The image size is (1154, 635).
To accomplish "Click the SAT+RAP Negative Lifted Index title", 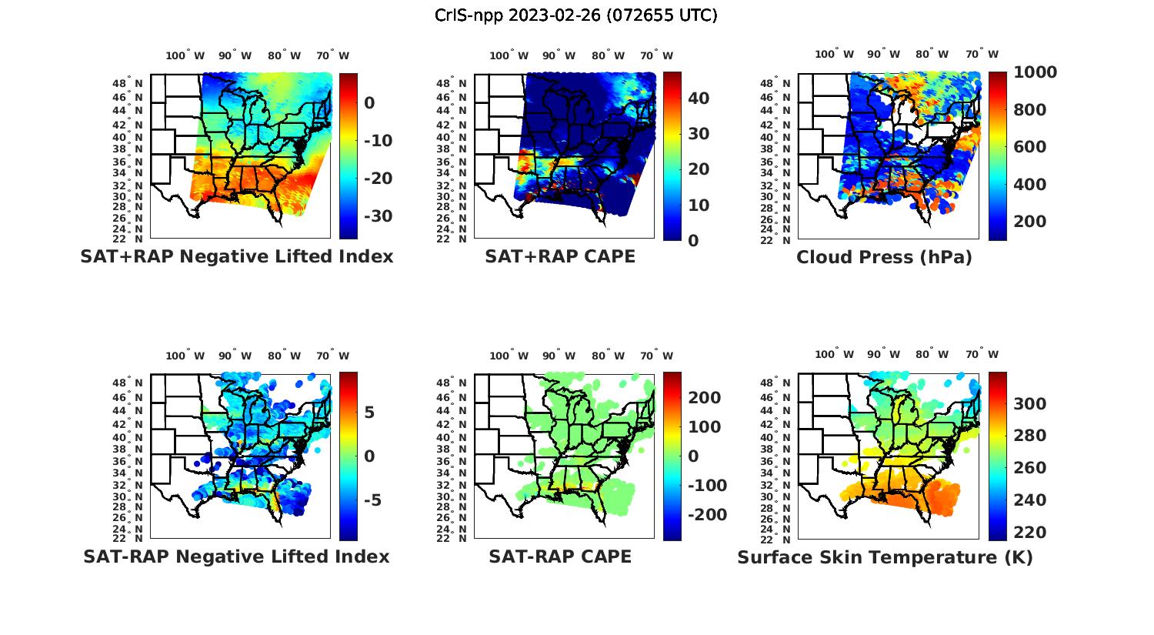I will (237, 257).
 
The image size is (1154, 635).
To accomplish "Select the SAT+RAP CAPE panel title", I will (560, 257).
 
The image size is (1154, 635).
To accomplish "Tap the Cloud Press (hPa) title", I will (884, 257).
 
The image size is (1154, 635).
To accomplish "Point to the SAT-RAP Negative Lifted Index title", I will (237, 556).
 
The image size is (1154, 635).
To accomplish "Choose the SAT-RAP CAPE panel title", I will (560, 556).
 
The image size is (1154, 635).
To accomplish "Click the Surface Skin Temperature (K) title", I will (885, 557).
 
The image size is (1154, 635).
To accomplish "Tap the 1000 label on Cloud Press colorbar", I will (1035, 72).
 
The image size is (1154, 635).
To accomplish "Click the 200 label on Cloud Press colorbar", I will (1030, 222).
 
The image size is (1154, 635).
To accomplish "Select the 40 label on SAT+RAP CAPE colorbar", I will (699, 99).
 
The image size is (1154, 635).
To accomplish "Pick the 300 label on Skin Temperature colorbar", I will (1030, 404).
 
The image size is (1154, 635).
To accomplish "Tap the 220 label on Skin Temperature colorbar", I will (1030, 533).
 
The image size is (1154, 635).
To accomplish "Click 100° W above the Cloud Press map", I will (835, 55).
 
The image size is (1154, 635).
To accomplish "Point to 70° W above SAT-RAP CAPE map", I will (656, 356).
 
